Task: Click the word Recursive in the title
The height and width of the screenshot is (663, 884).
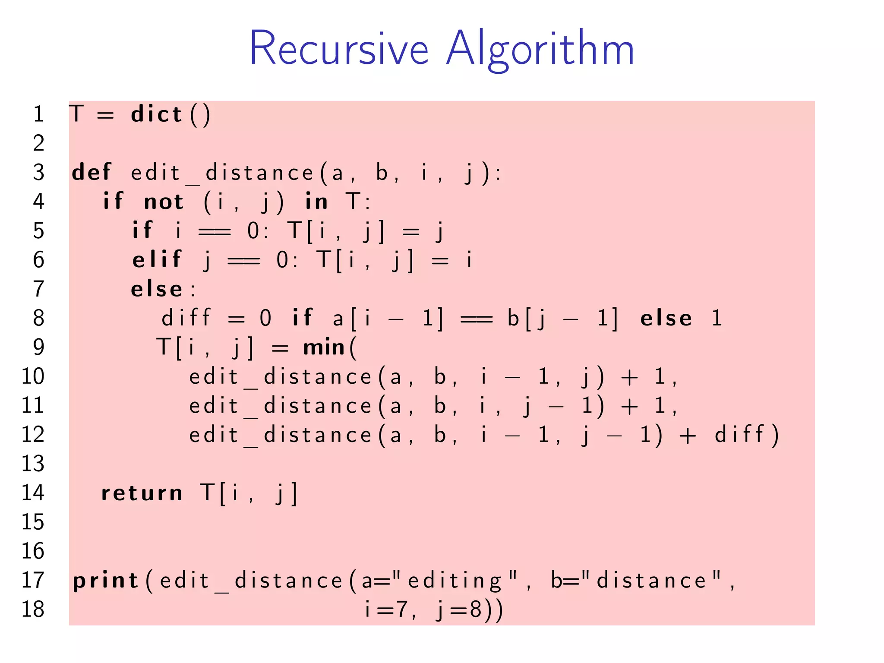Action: tap(339, 48)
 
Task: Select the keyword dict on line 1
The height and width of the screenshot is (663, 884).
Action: tap(156, 114)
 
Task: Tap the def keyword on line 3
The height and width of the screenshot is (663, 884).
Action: tap(92, 172)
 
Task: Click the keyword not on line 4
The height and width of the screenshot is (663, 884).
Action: tap(164, 202)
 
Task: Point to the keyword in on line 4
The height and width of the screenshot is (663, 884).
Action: tap(316, 202)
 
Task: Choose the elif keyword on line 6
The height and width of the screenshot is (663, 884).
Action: tap(157, 259)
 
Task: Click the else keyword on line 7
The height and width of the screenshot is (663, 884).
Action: tap(157, 289)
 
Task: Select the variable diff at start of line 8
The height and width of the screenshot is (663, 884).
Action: tap(186, 318)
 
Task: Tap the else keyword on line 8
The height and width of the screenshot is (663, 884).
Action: tap(666, 318)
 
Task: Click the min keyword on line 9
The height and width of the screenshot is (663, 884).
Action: tap(324, 347)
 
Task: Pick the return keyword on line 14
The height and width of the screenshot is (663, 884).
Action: tap(142, 493)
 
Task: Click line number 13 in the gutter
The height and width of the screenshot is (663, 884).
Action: tap(33, 464)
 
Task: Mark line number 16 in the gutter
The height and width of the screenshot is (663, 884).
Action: tap(33, 551)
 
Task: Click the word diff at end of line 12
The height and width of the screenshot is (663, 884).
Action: tap(740, 435)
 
